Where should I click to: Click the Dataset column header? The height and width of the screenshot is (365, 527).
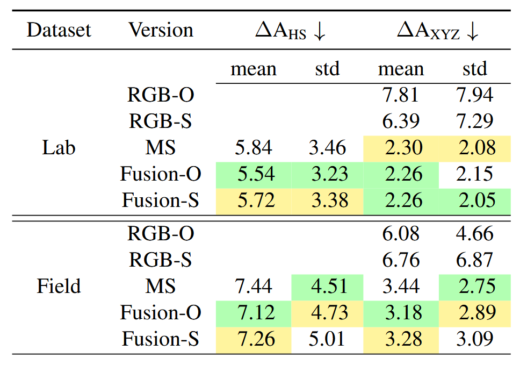59,30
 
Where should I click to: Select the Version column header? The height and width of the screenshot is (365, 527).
161,30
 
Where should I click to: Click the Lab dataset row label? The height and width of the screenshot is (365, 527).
59,148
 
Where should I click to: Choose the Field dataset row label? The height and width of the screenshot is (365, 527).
59,286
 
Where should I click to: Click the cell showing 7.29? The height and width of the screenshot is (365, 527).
474,121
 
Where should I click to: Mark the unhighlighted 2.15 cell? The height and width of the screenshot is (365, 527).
474,174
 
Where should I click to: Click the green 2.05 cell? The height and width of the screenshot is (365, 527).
474,201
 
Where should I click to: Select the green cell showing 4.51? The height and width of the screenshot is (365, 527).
327,286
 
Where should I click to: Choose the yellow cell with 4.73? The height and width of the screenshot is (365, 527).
327,312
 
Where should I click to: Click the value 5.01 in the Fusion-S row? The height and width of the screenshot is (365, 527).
327,339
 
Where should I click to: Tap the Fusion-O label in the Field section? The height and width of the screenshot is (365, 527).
161,312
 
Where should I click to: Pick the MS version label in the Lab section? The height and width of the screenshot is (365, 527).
161,148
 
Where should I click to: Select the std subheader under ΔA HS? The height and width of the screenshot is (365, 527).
327,69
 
